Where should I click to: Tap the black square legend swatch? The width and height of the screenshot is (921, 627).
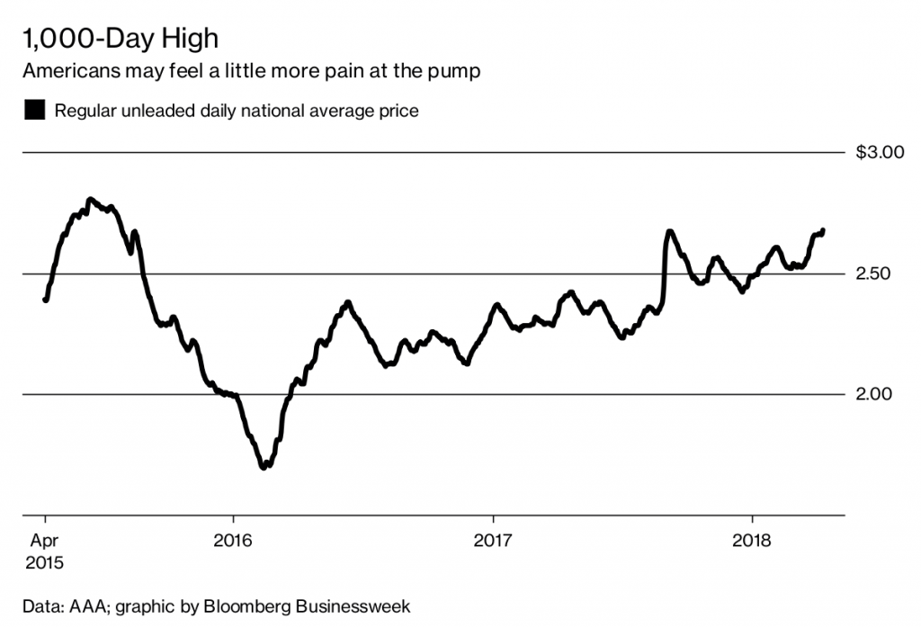[35, 112]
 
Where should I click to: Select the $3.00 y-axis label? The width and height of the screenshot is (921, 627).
[880, 153]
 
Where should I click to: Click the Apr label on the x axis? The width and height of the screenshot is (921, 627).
[45, 542]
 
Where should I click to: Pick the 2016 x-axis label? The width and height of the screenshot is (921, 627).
[233, 542]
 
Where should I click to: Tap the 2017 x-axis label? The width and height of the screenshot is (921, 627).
[493, 542]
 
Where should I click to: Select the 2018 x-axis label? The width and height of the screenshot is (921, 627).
[752, 542]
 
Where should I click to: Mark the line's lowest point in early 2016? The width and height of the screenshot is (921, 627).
[264, 467]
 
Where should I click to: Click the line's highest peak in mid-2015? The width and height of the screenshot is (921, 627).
[89, 199]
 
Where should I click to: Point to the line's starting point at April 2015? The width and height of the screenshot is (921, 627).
[45, 300]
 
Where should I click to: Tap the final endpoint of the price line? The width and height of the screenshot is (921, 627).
[823, 230]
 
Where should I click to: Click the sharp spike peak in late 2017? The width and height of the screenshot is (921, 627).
[669, 232]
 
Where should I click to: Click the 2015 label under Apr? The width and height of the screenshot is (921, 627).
[45, 563]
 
